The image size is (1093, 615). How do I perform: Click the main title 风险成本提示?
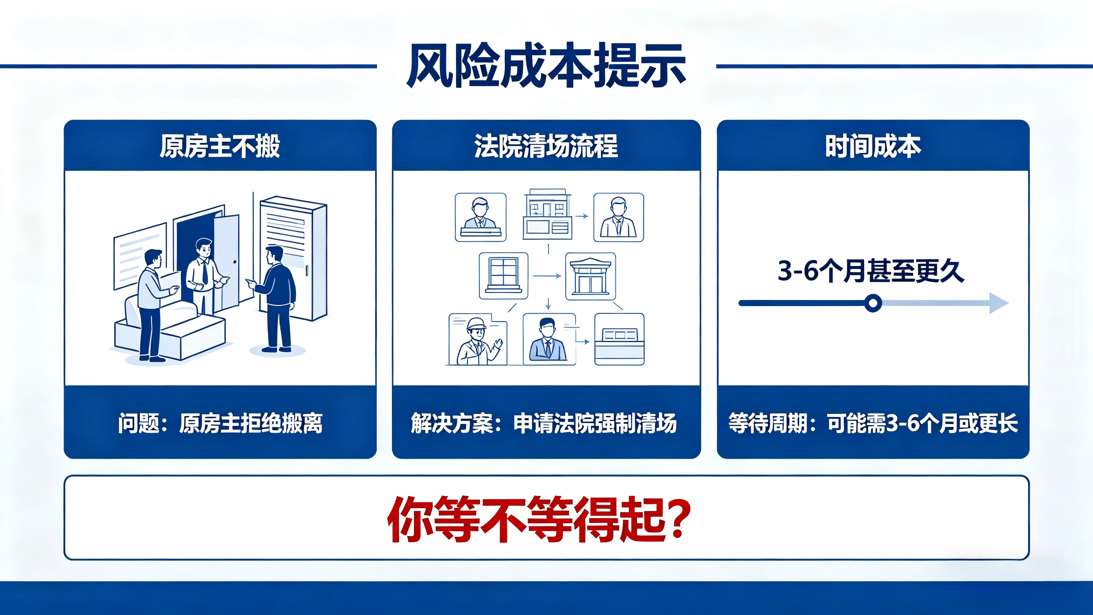pyautogui.click(x=546, y=66)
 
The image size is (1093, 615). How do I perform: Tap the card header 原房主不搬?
pyautogui.click(x=220, y=146)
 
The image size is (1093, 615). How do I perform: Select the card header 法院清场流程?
pyautogui.click(x=546, y=146)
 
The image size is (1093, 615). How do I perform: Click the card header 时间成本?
pyautogui.click(x=873, y=146)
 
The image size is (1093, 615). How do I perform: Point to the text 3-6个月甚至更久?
pyautogui.click(x=871, y=270)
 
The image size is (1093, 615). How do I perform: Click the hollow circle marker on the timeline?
pyautogui.click(x=873, y=303)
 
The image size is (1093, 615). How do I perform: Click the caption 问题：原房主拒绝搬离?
pyautogui.click(x=220, y=423)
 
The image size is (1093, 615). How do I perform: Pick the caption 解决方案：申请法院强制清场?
pyautogui.click(x=544, y=423)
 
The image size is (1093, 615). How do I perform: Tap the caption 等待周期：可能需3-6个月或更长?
pyautogui.click(x=873, y=423)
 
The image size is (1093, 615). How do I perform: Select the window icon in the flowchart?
pyautogui.click(x=504, y=276)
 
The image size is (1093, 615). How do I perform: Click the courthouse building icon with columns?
pyautogui.click(x=590, y=276)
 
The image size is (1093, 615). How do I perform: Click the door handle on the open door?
pyautogui.click(x=235, y=262)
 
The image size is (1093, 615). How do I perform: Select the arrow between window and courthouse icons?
pyautogui.click(x=547, y=276)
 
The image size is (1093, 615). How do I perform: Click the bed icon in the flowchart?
pyautogui.click(x=619, y=339)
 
